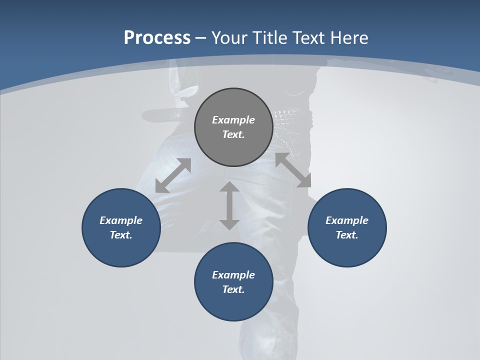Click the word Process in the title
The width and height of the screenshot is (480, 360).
(x=157, y=38)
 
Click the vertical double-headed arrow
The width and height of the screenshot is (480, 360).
(x=229, y=205)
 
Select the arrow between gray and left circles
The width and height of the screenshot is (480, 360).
(x=173, y=175)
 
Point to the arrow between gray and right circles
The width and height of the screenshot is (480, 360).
(x=293, y=170)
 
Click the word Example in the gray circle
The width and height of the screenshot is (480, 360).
(x=233, y=120)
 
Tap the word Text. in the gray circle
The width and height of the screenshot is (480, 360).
(x=233, y=134)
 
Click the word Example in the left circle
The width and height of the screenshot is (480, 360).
(x=121, y=220)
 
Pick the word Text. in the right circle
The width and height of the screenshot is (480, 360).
(x=347, y=235)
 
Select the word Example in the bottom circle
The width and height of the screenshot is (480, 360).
(x=233, y=275)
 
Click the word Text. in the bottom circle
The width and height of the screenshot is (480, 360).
(x=233, y=289)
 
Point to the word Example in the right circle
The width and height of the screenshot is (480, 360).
(x=347, y=220)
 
